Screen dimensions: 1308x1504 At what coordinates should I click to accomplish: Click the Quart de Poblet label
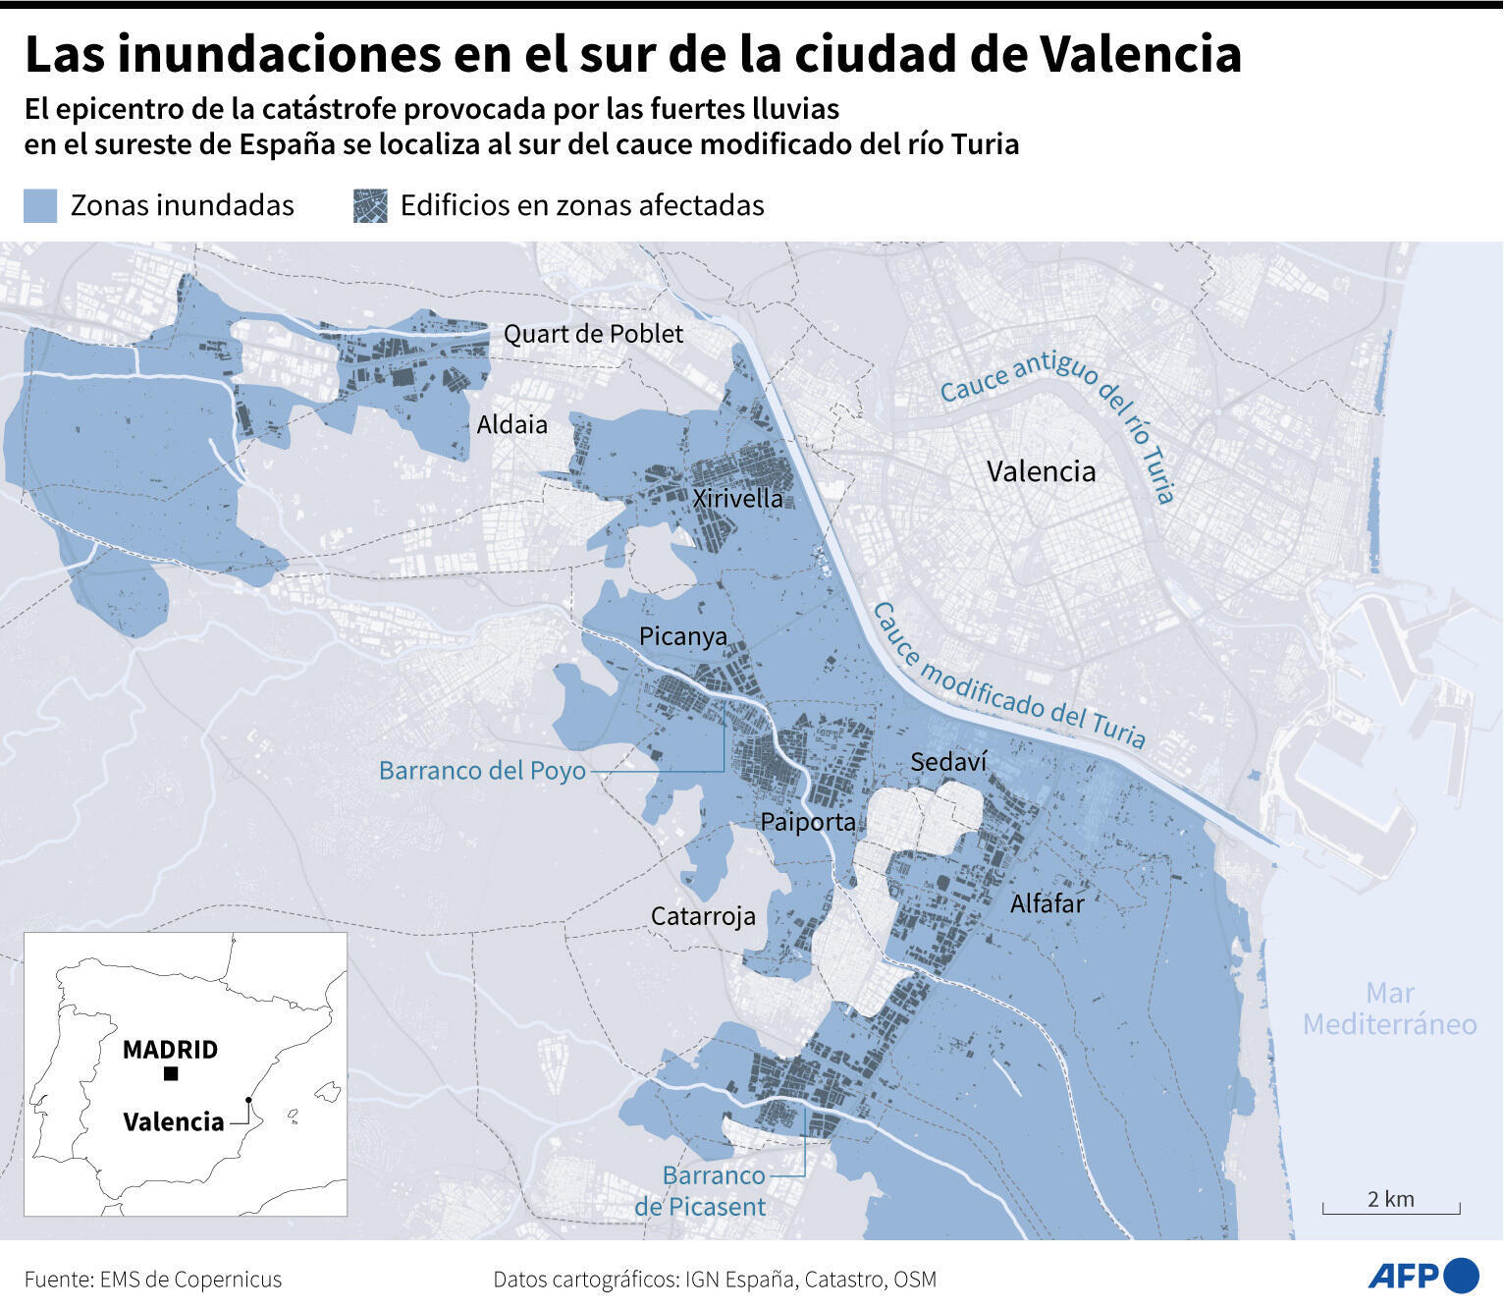click(593, 334)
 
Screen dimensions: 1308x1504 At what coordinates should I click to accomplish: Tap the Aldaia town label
click(511, 424)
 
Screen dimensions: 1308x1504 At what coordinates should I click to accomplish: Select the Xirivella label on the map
click(737, 498)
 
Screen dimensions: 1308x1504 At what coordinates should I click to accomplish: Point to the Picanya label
click(682, 636)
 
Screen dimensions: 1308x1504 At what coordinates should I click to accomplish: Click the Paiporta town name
click(808, 822)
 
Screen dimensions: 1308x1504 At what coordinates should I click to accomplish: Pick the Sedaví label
click(948, 762)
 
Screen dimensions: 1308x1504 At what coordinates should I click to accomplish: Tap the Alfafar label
click(1047, 903)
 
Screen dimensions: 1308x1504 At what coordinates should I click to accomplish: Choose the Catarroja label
click(703, 916)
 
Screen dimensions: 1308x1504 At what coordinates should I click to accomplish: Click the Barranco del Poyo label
click(482, 771)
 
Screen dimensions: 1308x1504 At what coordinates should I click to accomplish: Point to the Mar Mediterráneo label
click(1389, 1008)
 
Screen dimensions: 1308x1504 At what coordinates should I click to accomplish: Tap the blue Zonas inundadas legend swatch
click(40, 205)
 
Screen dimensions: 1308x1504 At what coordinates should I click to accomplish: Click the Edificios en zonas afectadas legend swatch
click(370, 205)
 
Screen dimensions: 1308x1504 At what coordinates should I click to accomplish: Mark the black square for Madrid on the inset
click(171, 1073)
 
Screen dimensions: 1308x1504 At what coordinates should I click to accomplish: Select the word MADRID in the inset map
click(170, 1050)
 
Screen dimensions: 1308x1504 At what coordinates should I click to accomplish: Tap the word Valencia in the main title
click(1140, 54)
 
